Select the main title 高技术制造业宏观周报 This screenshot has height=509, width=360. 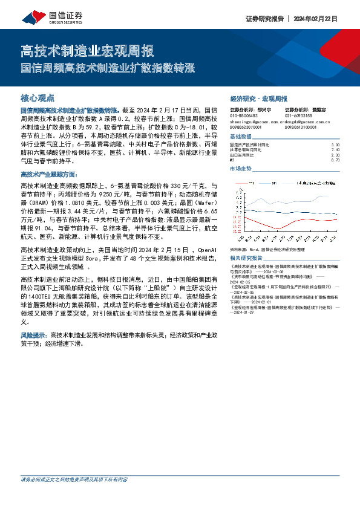pos(87,50)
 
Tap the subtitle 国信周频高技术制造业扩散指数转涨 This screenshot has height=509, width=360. pos(108,68)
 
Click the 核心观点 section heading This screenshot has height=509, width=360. pos(38,97)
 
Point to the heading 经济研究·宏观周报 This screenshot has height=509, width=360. pos(259,98)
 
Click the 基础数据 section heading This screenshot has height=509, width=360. pos(241,137)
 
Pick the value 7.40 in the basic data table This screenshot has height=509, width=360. pos(335,150)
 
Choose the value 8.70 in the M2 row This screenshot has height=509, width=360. pos(335,160)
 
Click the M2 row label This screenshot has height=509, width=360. pos(232,160)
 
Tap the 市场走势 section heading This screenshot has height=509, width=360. pos(241,168)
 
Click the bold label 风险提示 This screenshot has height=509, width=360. pos(34,334)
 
